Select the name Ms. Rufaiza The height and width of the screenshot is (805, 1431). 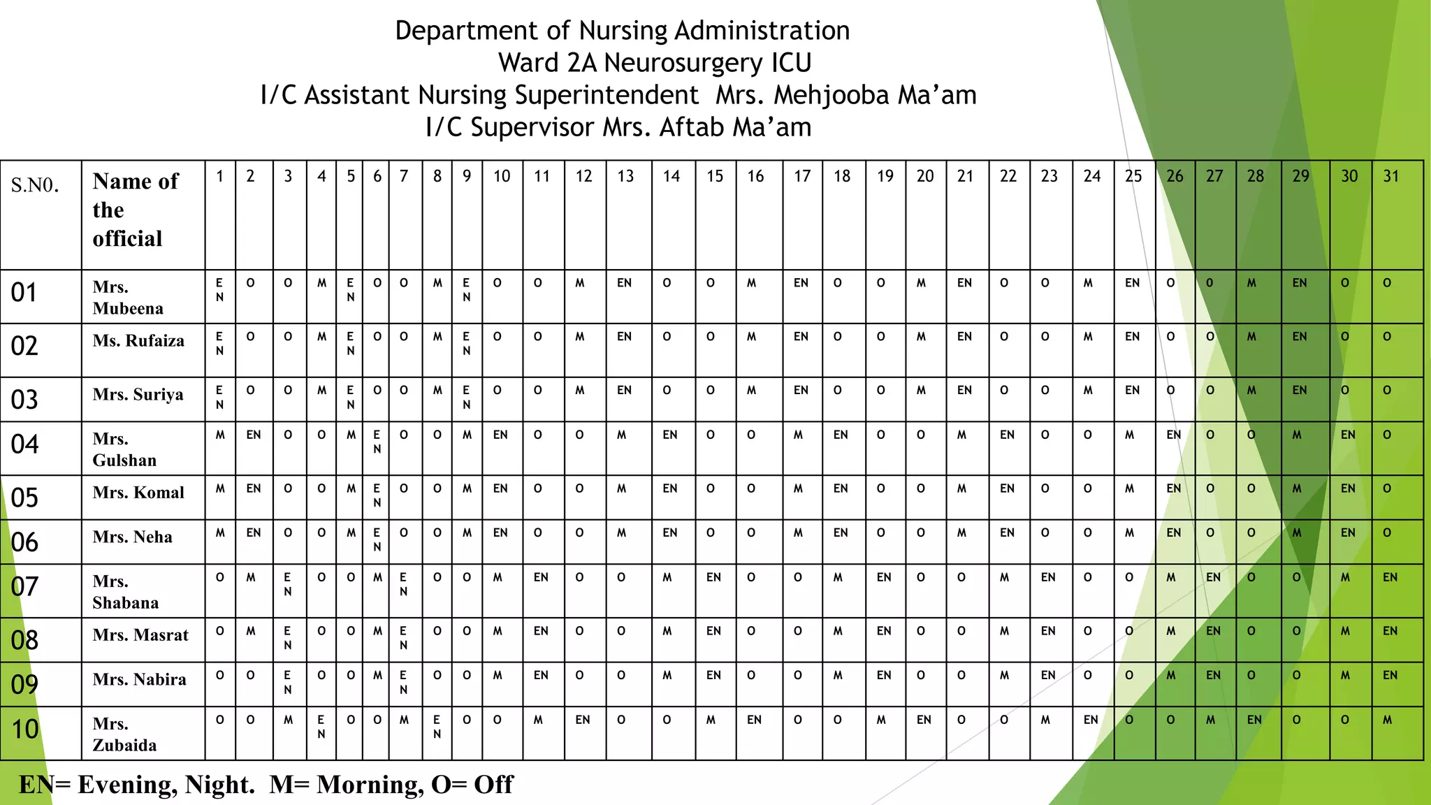[138, 341]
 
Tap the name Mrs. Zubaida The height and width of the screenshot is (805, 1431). [124, 734]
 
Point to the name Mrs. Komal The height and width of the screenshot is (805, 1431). [138, 493]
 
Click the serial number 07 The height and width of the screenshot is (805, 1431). [24, 587]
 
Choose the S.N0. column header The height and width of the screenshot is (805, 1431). [35, 185]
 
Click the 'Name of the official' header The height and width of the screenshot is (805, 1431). [135, 210]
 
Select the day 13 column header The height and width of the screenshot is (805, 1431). [625, 176]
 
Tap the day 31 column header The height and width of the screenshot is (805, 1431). [1391, 176]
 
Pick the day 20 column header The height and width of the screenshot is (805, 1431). [925, 176]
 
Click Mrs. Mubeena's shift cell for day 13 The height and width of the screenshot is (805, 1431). [624, 283]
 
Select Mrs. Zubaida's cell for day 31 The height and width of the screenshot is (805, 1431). [1387, 720]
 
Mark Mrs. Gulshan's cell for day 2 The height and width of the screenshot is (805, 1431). [254, 435]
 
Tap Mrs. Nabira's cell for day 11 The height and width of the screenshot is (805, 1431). [541, 676]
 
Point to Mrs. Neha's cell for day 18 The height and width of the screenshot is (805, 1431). [841, 533]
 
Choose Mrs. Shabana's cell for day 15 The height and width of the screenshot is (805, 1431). [713, 577]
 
